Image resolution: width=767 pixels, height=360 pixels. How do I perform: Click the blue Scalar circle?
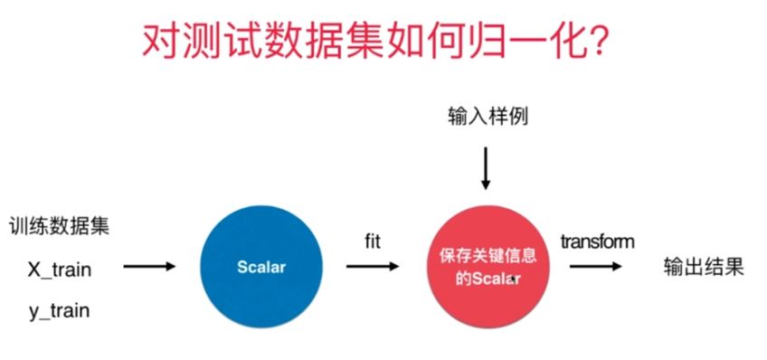click(x=261, y=267)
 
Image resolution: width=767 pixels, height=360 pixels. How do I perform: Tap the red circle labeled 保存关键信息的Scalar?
click(x=488, y=267)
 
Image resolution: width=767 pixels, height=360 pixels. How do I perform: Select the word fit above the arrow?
click(x=373, y=242)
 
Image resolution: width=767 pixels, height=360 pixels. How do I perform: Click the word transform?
click(x=597, y=242)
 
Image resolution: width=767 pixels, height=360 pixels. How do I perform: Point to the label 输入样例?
click(x=488, y=118)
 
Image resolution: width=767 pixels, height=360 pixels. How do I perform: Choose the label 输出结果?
click(x=704, y=267)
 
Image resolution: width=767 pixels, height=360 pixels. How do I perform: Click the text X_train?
click(x=60, y=270)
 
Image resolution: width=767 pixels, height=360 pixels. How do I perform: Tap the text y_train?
click(x=60, y=311)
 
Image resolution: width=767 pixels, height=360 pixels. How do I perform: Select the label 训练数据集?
click(x=59, y=227)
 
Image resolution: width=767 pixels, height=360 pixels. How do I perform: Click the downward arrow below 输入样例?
click(x=485, y=168)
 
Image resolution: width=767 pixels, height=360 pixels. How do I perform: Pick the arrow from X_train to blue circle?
click(x=149, y=267)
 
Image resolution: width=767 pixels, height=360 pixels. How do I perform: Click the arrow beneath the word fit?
click(x=373, y=267)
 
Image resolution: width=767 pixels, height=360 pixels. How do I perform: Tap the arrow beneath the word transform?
click(x=595, y=267)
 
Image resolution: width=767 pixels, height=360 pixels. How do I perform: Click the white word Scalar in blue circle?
click(x=261, y=267)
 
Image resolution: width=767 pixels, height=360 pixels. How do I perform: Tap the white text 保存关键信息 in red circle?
click(x=488, y=257)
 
